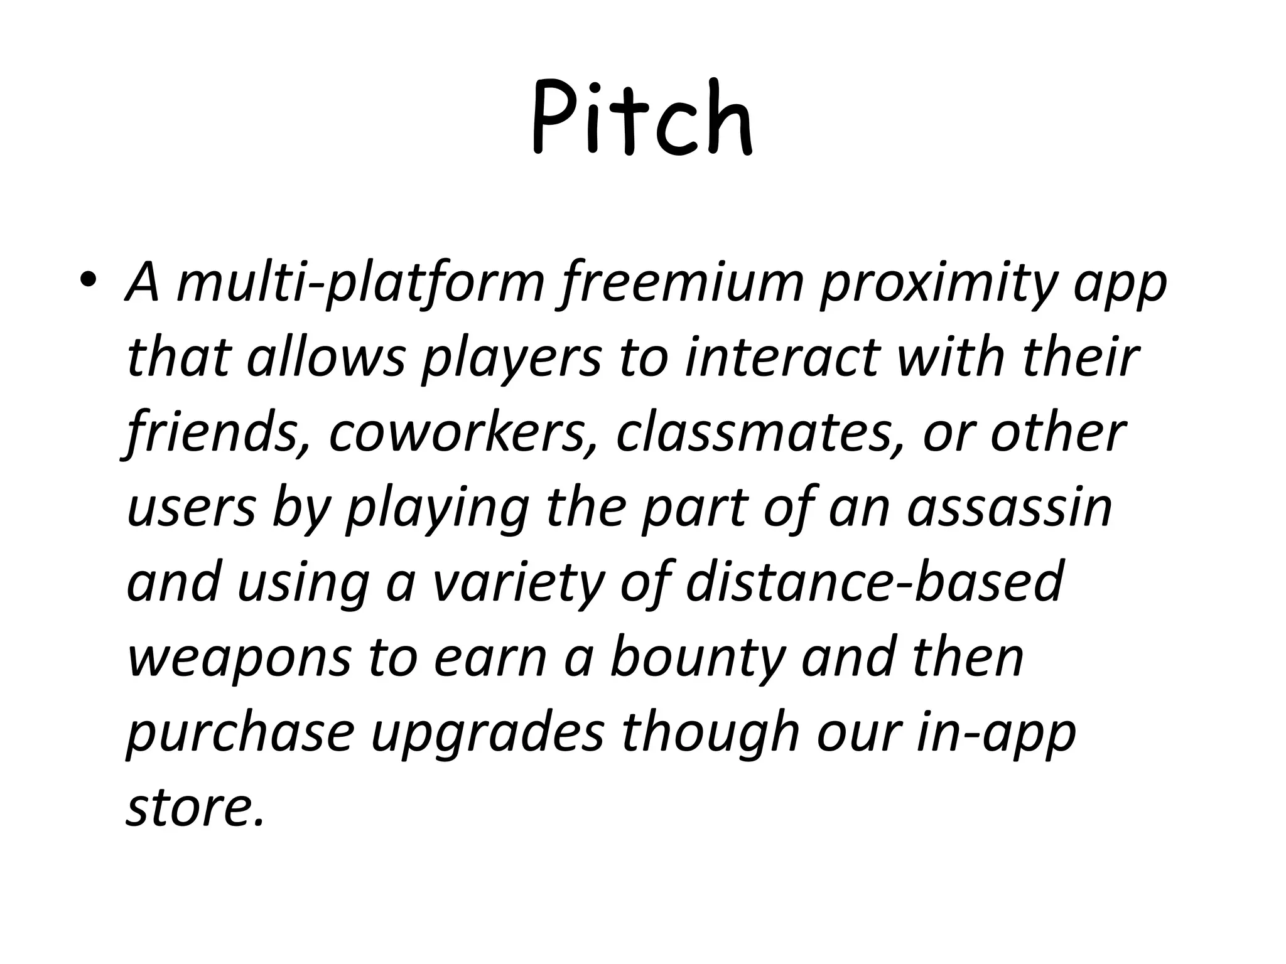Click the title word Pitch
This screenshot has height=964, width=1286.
pos(642,118)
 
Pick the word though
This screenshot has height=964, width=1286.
pos(710,733)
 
